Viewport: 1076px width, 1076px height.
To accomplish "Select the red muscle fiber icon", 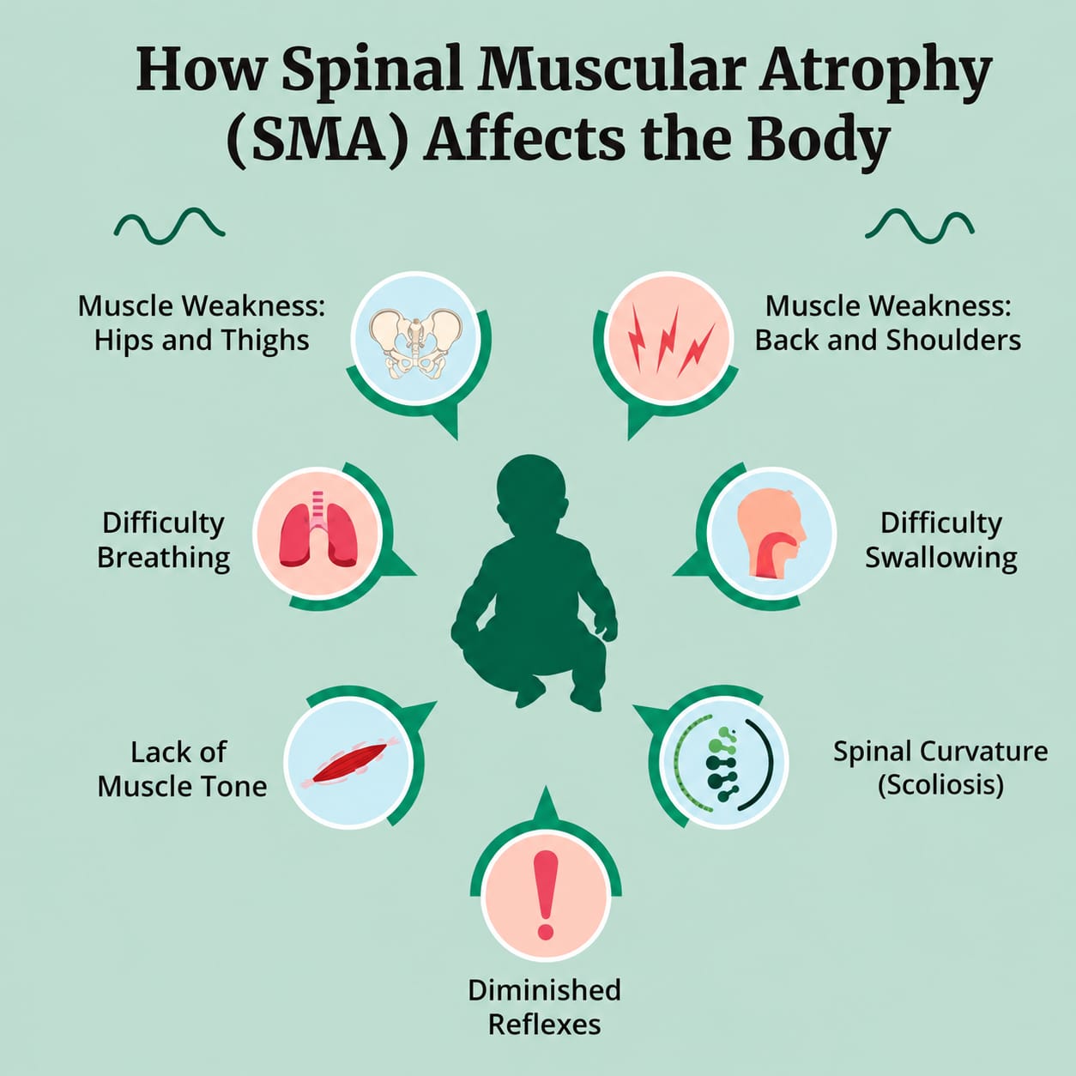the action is [x=350, y=762].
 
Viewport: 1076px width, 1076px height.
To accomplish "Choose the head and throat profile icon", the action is [x=771, y=533].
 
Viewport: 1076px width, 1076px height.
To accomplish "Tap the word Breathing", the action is [x=164, y=558].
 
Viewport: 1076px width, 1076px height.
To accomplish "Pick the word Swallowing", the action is [x=941, y=558].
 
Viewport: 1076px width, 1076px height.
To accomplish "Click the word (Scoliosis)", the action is [x=941, y=785].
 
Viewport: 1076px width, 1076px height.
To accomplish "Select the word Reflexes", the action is [x=544, y=1025].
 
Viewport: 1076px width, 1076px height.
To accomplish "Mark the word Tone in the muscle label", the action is [x=238, y=787].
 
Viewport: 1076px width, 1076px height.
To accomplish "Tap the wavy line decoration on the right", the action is [x=919, y=226].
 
